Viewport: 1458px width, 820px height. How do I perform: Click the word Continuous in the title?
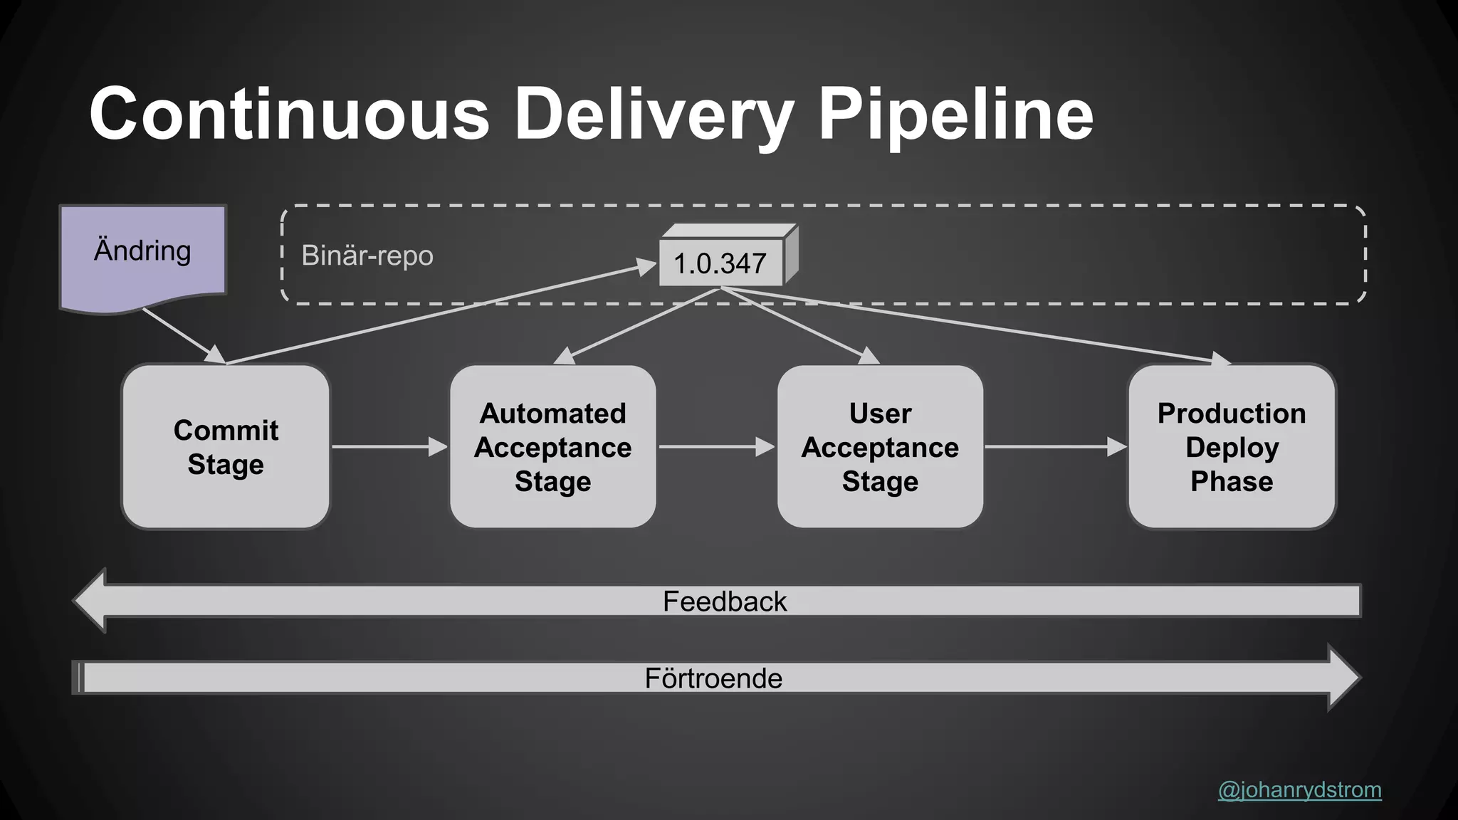point(289,115)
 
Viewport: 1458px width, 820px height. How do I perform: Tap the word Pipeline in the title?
point(955,115)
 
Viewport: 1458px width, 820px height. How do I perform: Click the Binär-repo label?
point(367,256)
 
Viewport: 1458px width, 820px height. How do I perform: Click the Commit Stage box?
point(226,447)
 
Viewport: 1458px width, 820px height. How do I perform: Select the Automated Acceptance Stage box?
point(552,447)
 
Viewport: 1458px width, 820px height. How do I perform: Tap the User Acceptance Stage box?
point(880,447)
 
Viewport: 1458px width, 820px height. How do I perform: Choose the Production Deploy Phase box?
point(1232,447)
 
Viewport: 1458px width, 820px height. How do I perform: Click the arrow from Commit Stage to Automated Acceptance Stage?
point(388,447)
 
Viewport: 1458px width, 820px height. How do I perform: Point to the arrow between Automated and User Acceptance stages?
point(715,447)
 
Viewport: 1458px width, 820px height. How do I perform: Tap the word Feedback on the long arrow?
point(724,601)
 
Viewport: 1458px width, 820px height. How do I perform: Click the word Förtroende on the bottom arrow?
point(713,678)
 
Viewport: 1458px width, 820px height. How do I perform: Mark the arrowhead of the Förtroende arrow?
point(1343,678)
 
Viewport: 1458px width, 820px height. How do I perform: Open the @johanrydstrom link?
point(1299,789)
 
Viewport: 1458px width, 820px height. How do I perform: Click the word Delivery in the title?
point(653,115)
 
